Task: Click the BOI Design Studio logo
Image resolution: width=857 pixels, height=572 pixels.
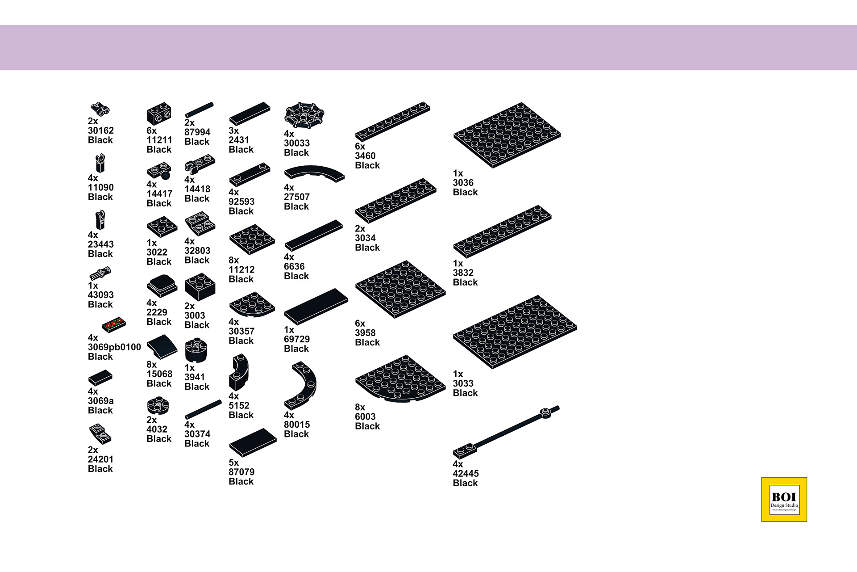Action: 784,499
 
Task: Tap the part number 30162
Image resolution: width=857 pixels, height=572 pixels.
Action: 101,130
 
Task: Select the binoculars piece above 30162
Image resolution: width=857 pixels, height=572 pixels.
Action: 100,108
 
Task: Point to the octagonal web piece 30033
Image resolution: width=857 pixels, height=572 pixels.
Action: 304,115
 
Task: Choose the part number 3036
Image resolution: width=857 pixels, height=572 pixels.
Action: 463,182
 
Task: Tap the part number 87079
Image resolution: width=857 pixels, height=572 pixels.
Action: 241,472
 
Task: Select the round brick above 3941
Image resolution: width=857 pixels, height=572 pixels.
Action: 196,349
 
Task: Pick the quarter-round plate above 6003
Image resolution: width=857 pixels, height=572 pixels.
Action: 400,379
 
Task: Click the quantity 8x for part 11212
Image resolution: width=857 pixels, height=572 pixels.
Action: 233,260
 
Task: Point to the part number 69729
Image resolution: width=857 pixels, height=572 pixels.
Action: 297,339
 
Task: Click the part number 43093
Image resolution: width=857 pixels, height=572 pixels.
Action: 101,295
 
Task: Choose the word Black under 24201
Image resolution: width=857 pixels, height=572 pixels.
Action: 100,469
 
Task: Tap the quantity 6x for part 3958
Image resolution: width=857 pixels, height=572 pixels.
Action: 360,323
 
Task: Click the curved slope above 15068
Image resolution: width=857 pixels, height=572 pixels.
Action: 162,346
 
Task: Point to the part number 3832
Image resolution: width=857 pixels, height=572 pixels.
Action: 463,273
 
